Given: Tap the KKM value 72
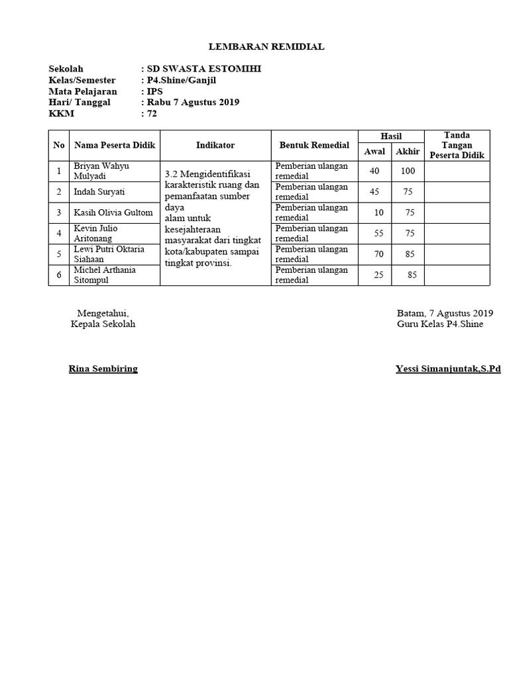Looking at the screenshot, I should [x=152, y=114].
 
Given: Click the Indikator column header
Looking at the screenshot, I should [x=215, y=145].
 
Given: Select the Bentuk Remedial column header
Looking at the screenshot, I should [x=314, y=145].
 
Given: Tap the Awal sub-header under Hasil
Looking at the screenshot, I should [x=374, y=152].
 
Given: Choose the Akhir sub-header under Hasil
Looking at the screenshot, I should [x=408, y=152].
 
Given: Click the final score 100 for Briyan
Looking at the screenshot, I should [x=408, y=171].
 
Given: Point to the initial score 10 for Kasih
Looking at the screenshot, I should [x=378, y=213].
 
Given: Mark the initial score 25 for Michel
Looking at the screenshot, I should [x=378, y=275].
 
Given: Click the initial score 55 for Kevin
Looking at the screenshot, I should [x=378, y=233].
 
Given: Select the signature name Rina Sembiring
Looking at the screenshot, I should [x=103, y=369].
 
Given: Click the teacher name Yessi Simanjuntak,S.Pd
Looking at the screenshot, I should [x=447, y=369].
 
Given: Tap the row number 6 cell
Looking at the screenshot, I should [x=59, y=275].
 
